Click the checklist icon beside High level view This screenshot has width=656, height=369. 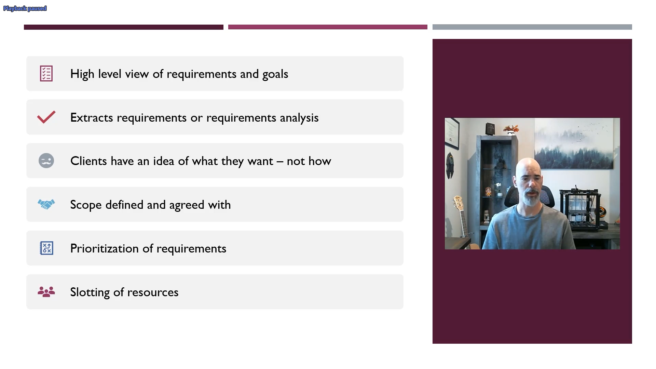[x=46, y=73]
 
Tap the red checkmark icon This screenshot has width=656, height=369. [x=46, y=117]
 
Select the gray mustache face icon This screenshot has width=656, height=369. [x=46, y=161]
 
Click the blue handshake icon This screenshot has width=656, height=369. [x=46, y=204]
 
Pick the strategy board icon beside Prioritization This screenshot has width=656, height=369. [x=46, y=248]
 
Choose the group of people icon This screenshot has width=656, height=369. [x=46, y=292]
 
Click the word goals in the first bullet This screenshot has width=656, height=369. [x=275, y=74]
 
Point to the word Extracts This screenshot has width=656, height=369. [x=92, y=118]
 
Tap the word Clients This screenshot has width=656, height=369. [x=88, y=161]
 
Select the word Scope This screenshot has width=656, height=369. [x=86, y=205]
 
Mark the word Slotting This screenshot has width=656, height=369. [x=90, y=292]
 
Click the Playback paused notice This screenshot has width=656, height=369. [x=25, y=9]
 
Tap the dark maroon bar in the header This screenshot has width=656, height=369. [x=124, y=27]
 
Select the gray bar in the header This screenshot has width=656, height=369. [x=532, y=27]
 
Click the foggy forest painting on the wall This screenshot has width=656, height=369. [x=577, y=143]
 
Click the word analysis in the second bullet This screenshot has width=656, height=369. [x=299, y=118]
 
